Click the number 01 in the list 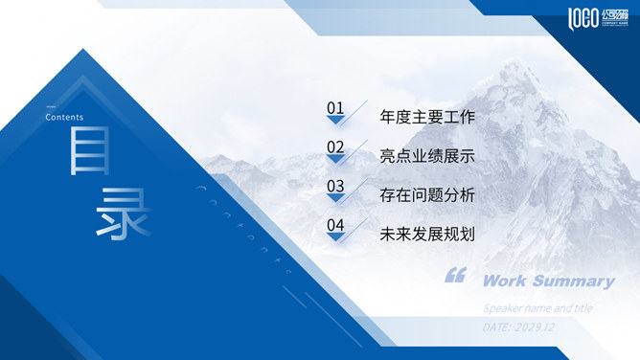(334, 108)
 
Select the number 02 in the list (334, 146)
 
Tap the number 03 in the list (334, 186)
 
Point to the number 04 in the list (334, 226)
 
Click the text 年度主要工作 (427, 118)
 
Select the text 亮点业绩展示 (427, 156)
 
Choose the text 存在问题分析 (427, 195)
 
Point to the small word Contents (64, 118)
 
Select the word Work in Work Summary (504, 281)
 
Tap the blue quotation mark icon (455, 277)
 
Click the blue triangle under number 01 (335, 121)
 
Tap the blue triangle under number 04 (335, 238)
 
